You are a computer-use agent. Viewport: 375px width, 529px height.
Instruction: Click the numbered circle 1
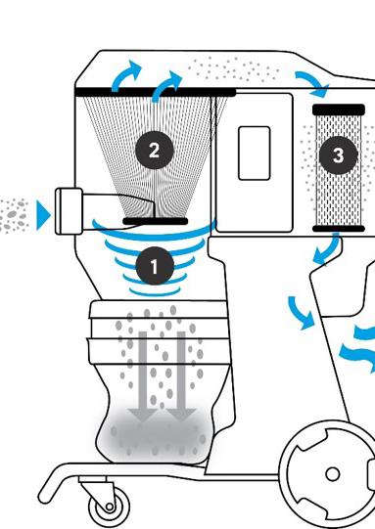[155, 266]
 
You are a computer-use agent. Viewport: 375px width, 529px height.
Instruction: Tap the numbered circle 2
[155, 151]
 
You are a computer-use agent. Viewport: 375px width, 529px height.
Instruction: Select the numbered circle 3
[339, 155]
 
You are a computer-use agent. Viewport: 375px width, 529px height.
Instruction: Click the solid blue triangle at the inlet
[43, 215]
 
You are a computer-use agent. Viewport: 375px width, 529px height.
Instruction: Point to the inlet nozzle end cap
[69, 211]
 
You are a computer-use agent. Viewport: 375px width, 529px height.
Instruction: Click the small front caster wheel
[109, 507]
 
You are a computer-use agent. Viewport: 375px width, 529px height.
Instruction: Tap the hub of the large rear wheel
[333, 474]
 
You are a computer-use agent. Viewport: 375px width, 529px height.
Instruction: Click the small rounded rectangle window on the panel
[254, 154]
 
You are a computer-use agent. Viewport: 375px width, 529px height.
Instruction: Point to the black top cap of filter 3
[339, 110]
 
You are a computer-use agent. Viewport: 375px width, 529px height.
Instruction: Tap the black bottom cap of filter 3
[339, 229]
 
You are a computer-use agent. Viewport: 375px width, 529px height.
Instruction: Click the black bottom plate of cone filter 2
[155, 221]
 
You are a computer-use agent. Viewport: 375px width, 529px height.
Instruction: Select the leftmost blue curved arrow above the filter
[125, 75]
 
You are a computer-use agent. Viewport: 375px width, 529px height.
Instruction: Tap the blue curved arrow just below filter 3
[327, 250]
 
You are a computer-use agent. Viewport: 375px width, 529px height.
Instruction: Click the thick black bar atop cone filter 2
[155, 92]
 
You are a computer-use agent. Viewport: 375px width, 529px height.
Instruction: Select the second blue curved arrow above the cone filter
[166, 86]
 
